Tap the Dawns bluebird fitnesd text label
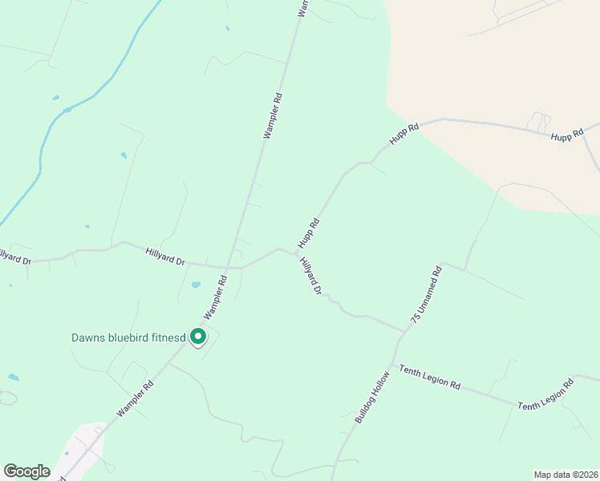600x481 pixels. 128,338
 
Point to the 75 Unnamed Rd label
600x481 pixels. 426,295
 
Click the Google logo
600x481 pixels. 26,471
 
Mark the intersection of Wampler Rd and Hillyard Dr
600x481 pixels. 229,267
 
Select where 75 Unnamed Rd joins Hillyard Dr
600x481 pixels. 407,330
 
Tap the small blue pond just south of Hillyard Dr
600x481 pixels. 196,285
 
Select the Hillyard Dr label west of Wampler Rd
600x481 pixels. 165,257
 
